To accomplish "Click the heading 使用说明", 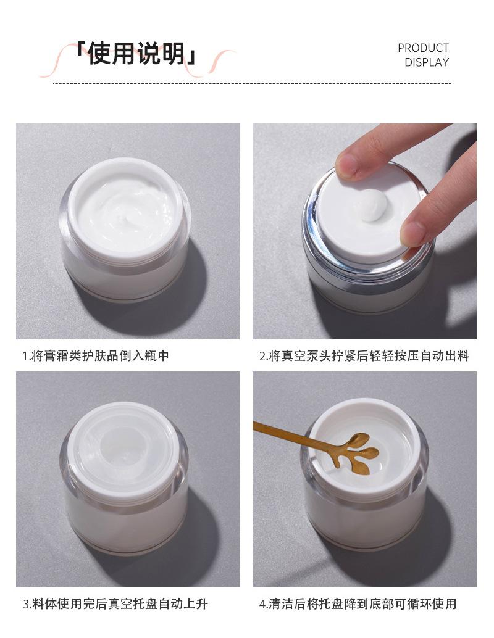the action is click(x=137, y=53).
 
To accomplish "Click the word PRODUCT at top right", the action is click(x=423, y=48).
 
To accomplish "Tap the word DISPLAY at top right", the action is click(x=427, y=62).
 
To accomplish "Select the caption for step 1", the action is click(x=96, y=355).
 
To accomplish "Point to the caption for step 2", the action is click(x=364, y=355).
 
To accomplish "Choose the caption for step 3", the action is click(x=115, y=603).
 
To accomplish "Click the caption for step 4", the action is click(x=358, y=603).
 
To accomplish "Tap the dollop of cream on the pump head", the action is click(x=374, y=205).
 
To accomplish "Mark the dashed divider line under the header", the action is click(x=253, y=83).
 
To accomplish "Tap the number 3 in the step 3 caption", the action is click(x=26, y=604).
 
